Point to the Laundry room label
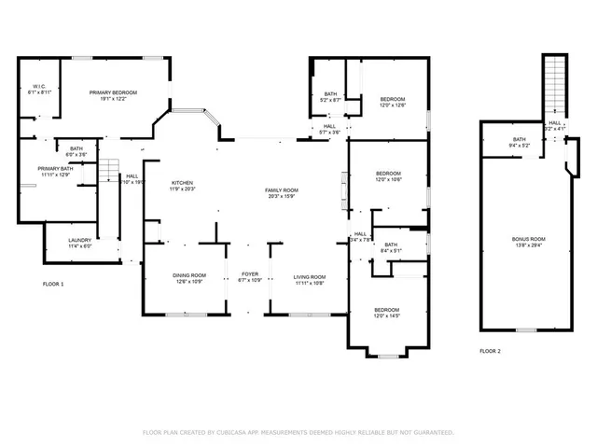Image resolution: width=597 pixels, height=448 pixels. (79, 243)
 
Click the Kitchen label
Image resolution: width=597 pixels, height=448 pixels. (181, 185)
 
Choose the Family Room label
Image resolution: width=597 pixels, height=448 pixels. (282, 192)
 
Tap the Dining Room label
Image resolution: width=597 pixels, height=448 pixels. (189, 277)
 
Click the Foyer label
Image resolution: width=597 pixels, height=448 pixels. (249, 277)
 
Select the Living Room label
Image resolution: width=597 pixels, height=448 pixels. (309, 279)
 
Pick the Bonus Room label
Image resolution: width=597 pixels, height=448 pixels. (528, 242)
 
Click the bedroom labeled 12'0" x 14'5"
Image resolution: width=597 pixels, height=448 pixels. (387, 313)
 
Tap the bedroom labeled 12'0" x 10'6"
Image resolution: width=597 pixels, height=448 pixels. (388, 175)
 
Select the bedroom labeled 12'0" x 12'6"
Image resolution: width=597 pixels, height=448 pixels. (392, 102)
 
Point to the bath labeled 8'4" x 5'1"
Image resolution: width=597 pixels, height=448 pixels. (390, 248)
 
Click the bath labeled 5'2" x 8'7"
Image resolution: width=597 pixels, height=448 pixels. (330, 96)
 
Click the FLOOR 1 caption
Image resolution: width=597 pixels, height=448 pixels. (53, 283)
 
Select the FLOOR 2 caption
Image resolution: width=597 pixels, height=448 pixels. (490, 351)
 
